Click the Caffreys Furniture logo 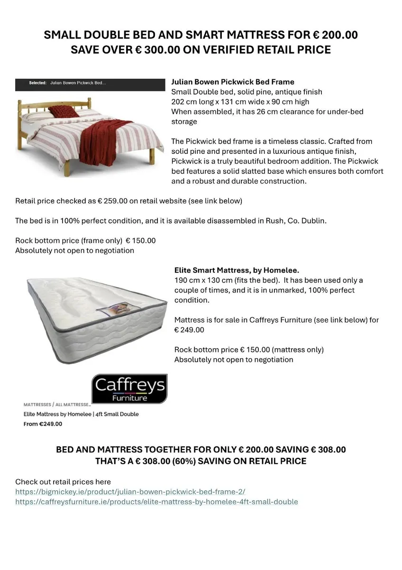pyautogui.click(x=129, y=389)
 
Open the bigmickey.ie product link pyautogui.click(x=130, y=492)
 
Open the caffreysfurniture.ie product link pyautogui.click(x=156, y=502)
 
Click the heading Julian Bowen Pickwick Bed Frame pyautogui.click(x=232, y=82)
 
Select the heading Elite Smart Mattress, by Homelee pyautogui.click(x=237, y=270)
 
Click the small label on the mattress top pyautogui.click(x=117, y=311)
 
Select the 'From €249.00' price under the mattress pyautogui.click(x=43, y=424)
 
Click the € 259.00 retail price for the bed pyautogui.click(x=112, y=201)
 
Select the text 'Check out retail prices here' pyautogui.click(x=63, y=482)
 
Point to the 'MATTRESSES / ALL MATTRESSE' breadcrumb pyautogui.click(x=57, y=405)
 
